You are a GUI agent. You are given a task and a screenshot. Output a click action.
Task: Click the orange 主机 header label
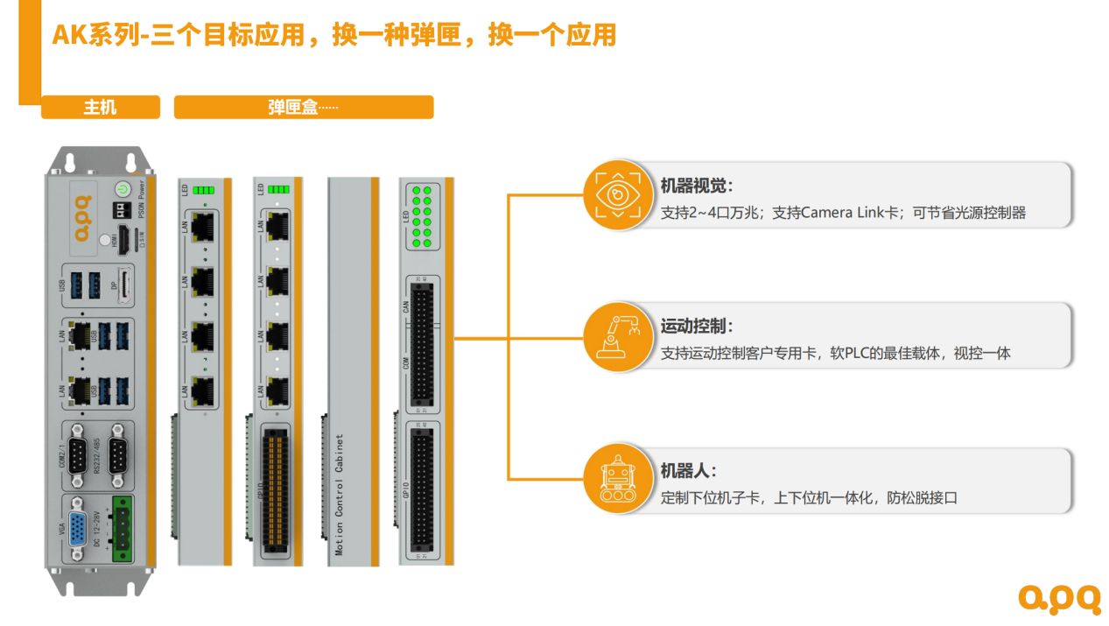tap(100, 108)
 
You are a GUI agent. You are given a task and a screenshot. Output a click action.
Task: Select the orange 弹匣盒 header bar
tap(303, 108)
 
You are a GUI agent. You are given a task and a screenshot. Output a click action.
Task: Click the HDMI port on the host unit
tap(124, 237)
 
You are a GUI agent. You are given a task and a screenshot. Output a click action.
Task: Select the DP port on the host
tap(125, 286)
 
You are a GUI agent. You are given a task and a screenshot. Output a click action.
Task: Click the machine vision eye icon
tap(618, 194)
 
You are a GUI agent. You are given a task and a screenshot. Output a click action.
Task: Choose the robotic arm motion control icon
tap(618, 335)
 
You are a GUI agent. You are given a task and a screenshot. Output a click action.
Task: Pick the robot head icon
tap(618, 479)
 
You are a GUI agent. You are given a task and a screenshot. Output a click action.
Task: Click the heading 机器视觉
tap(696, 186)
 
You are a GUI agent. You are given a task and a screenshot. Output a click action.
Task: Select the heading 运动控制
tap(696, 327)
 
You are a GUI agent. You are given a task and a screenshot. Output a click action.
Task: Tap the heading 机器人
tap(688, 471)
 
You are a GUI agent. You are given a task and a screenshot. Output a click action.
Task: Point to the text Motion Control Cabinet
tap(340, 496)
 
